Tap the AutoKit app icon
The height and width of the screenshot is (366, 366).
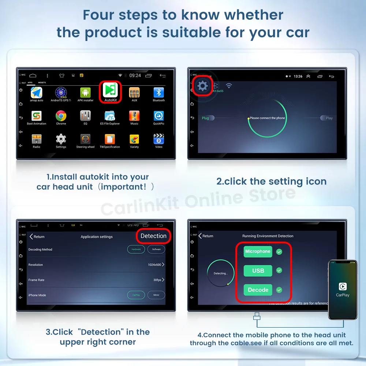[110, 90]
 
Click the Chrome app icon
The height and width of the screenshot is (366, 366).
[61, 116]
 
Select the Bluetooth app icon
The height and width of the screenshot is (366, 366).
[158, 93]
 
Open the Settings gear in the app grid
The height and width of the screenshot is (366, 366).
[61, 139]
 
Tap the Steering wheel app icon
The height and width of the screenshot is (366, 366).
[85, 139]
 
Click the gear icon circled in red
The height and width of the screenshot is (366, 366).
[202, 86]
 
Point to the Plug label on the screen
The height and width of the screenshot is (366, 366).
[205, 118]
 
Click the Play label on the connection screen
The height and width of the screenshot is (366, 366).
[329, 118]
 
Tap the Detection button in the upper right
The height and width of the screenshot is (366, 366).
[153, 236]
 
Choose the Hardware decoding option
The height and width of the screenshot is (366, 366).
[136, 249]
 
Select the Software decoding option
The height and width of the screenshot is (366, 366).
[156, 249]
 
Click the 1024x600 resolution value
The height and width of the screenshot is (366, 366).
[154, 265]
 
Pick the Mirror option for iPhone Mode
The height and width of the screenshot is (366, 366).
[156, 295]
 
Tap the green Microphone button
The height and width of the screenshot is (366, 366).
[258, 251]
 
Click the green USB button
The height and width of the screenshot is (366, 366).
[258, 270]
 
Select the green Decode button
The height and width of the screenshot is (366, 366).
[258, 290]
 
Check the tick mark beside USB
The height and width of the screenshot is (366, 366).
[279, 270]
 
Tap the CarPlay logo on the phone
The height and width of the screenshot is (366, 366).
[343, 286]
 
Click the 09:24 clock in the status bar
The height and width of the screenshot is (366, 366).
[135, 75]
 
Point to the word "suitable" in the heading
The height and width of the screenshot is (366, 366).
[193, 32]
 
